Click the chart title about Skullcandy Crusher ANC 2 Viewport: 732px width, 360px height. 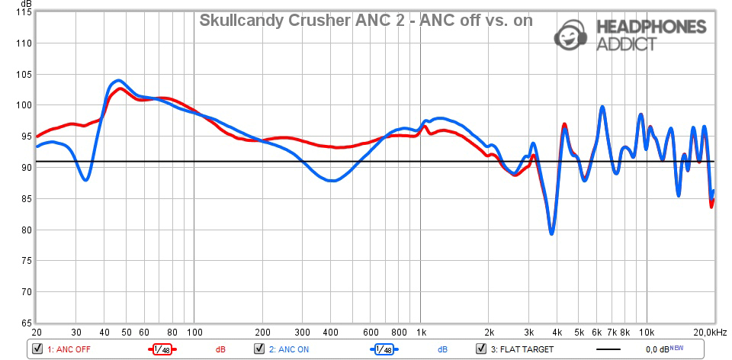[x=366, y=21]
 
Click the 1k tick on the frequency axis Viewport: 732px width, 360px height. [x=421, y=333]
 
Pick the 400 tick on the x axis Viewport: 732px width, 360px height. [x=330, y=333]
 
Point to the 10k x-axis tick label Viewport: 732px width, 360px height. [x=647, y=333]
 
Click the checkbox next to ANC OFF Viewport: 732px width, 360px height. [x=37, y=349]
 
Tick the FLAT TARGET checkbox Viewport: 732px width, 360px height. [x=480, y=349]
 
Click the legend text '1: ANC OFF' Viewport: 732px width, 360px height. [x=70, y=349]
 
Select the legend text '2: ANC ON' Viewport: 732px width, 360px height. [x=290, y=349]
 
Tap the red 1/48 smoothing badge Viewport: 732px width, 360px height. [x=161, y=349]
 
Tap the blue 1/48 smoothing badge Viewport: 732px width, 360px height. [x=384, y=349]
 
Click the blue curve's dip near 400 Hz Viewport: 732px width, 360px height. [x=331, y=181]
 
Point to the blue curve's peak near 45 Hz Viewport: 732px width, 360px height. [x=117, y=80]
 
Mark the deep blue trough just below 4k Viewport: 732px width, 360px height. [x=551, y=233]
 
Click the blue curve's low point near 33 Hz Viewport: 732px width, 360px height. [x=86, y=180]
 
